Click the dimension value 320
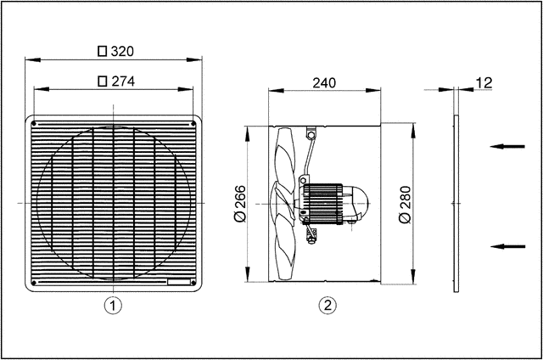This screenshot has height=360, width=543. pos(123,51)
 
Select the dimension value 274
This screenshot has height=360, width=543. pos(123,82)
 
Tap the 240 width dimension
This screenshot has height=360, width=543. pos(323,82)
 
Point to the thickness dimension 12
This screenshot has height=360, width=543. pos(483,82)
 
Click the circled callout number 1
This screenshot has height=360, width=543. pos(114,304)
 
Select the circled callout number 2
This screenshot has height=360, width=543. pos(326,304)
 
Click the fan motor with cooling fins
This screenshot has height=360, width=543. pos(327,202)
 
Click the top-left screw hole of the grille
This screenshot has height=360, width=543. pos(34,124)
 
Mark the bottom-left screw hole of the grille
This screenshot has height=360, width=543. pos(34,282)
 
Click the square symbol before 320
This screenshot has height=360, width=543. pos(103,51)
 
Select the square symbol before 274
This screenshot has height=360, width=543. pos(103,82)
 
